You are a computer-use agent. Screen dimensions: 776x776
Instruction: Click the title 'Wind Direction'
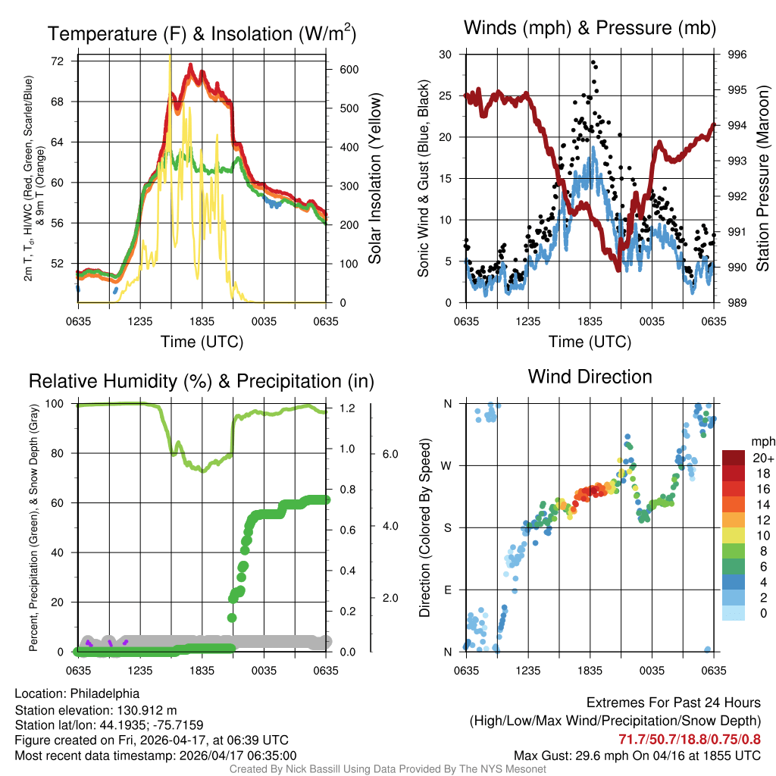tap(590, 377)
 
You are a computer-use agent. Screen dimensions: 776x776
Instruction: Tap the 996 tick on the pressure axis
tap(737, 55)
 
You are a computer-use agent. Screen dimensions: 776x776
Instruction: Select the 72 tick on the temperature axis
tap(58, 61)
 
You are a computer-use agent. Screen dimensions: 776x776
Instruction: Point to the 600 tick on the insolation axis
tap(347, 69)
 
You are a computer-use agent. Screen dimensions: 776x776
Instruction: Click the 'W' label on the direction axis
tap(447, 465)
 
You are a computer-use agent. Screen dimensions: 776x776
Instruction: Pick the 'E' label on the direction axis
tap(447, 590)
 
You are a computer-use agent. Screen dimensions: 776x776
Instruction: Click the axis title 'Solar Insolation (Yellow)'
tap(374, 178)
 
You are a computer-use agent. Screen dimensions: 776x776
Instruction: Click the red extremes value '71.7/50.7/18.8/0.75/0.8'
tap(690, 739)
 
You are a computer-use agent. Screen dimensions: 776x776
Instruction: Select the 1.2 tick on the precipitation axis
tap(347, 408)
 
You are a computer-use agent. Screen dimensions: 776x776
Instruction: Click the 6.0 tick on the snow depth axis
tap(389, 454)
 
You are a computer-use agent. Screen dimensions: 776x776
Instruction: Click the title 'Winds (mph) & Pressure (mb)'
tap(590, 29)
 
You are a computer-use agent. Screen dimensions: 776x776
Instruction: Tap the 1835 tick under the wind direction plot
tap(590, 671)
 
